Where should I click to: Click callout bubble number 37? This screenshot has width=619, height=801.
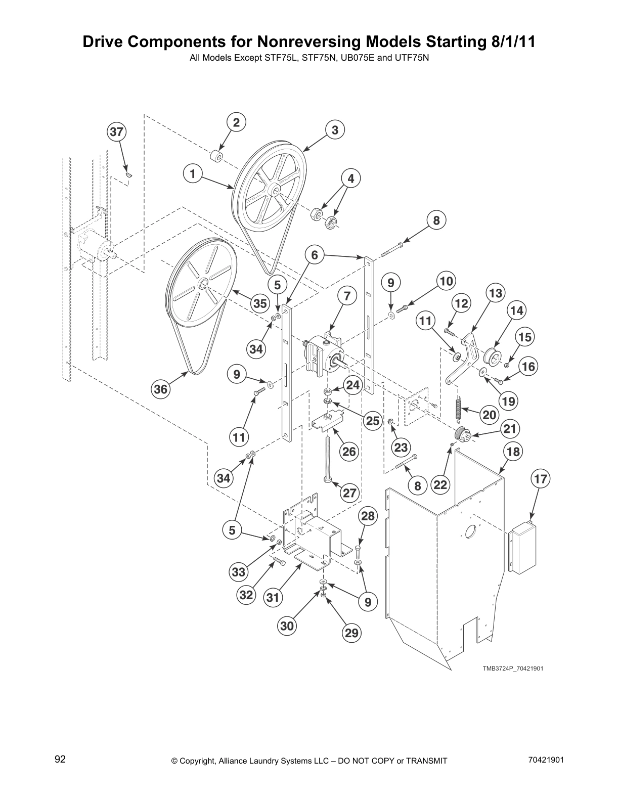116,132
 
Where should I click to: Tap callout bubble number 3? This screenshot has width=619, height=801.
335,129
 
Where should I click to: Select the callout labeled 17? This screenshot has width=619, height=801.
541,478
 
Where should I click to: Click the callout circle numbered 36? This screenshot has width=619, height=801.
161,389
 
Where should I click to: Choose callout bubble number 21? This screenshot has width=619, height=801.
510,429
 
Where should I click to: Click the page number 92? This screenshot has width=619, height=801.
60,759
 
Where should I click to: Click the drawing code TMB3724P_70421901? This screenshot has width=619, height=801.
512,669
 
